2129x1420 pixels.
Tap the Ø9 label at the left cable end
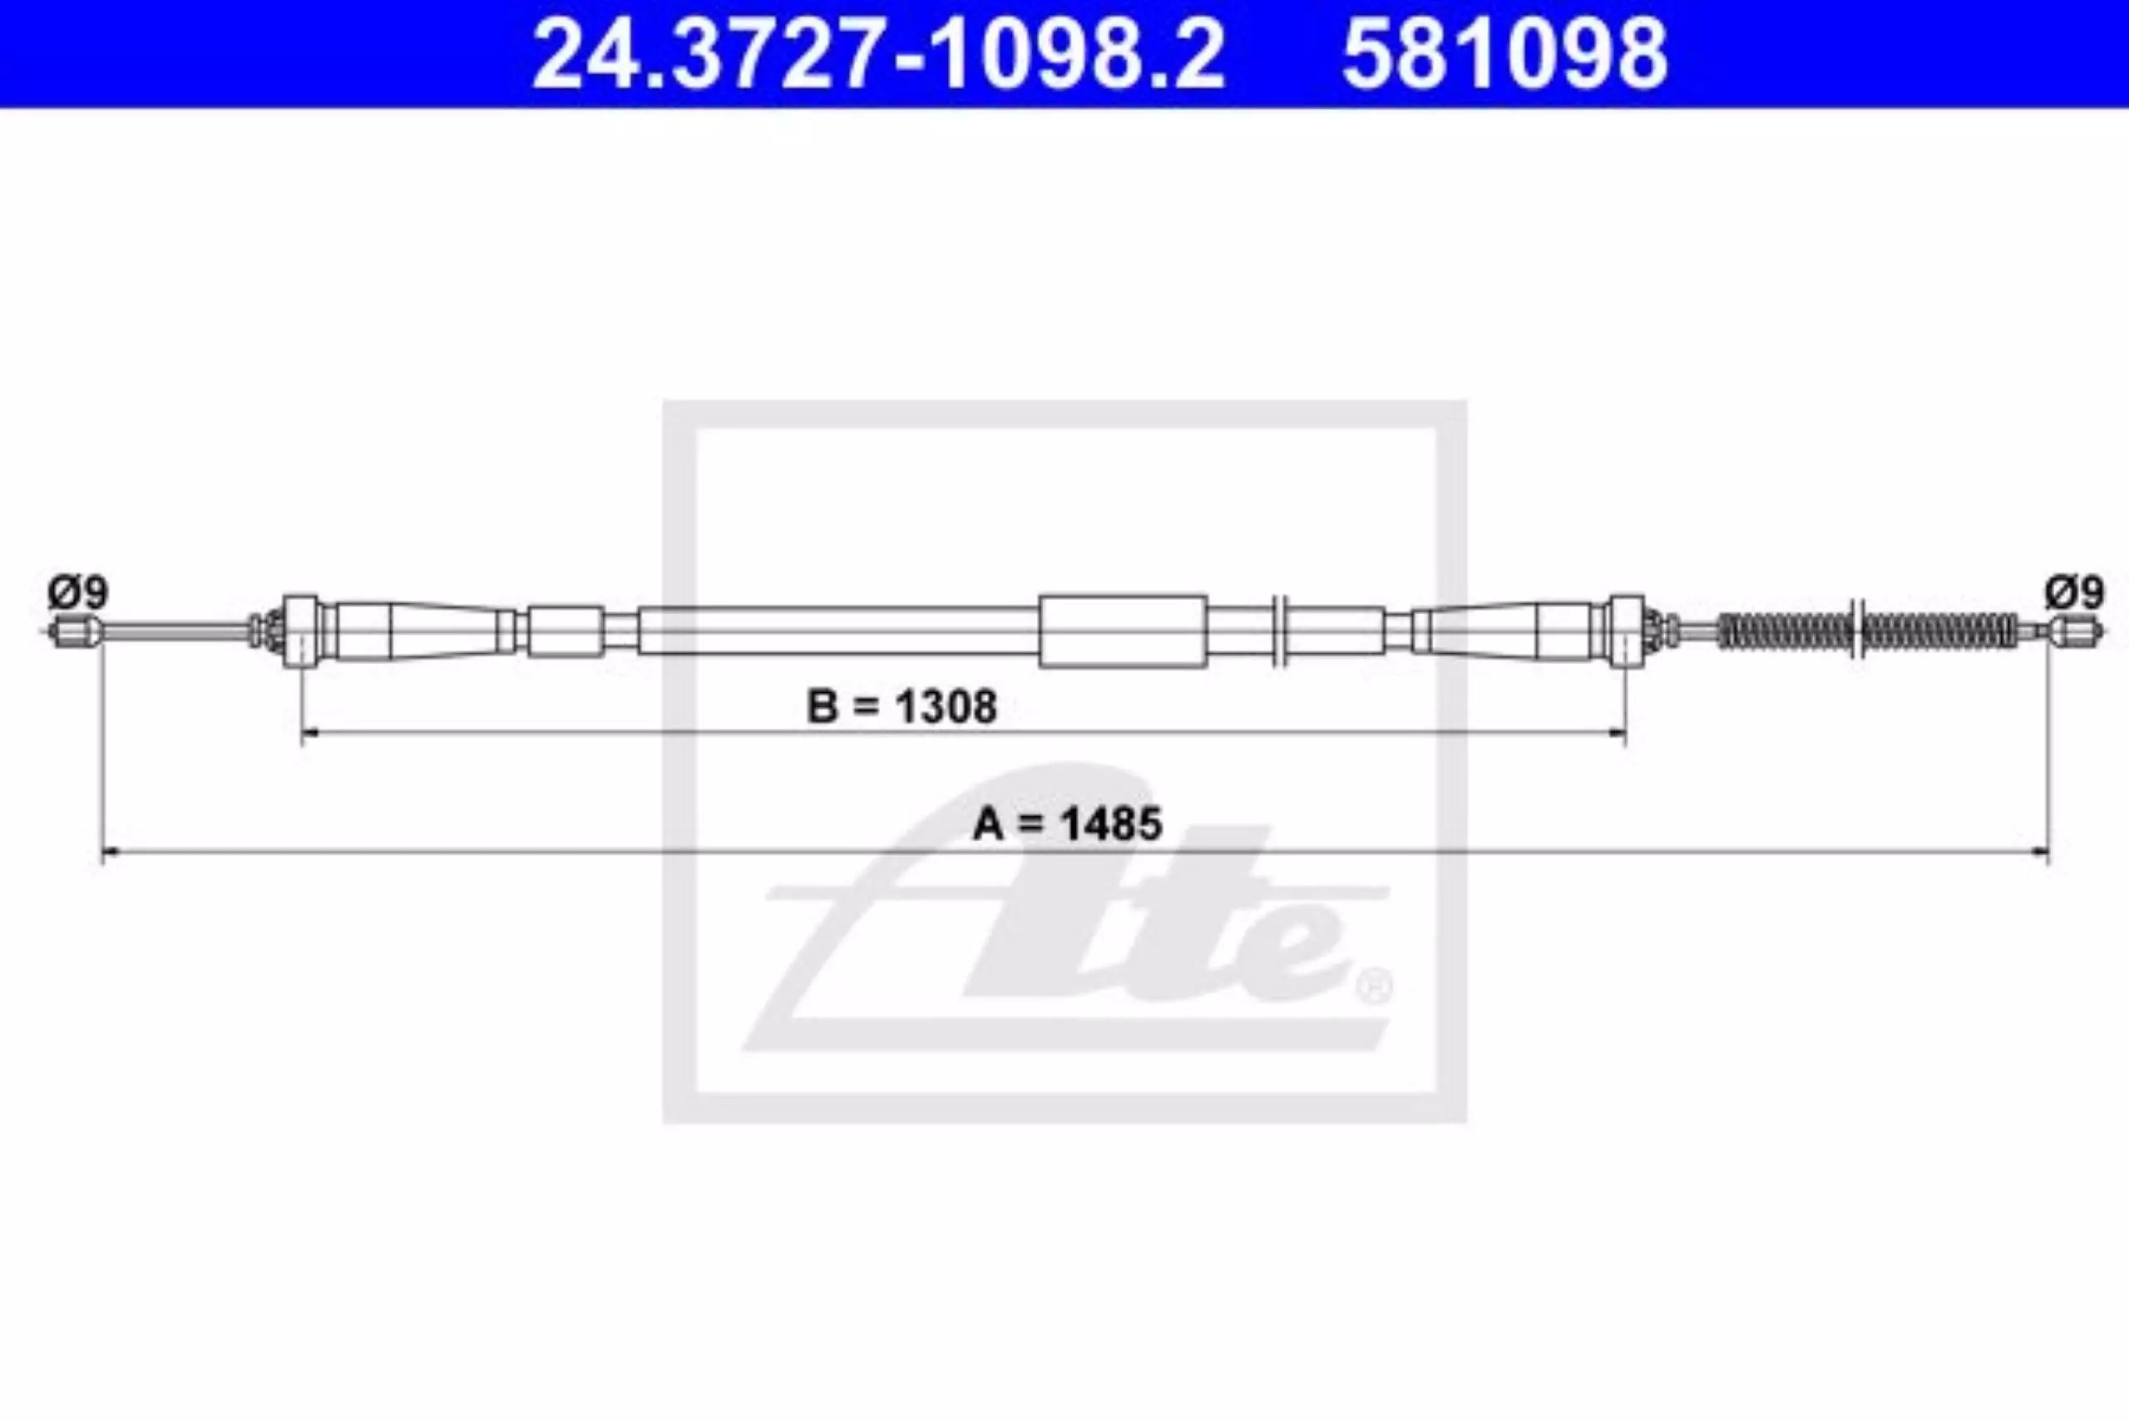(78, 593)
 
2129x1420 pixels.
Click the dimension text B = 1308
(901, 706)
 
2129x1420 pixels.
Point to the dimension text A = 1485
(1067, 824)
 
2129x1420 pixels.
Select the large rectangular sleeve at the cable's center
(1123, 631)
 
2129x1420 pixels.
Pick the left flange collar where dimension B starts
(300, 631)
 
